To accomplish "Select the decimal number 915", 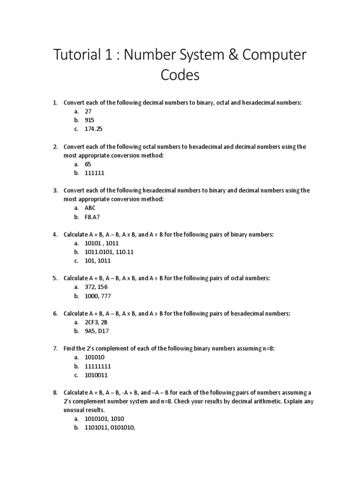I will [90, 120].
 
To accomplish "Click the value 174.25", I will [93, 129].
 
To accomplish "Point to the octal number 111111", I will [94, 173].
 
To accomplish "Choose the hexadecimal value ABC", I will [90, 208].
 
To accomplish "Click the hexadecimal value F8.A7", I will [92, 217].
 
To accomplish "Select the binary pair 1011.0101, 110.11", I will [109, 252].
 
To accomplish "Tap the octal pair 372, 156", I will [96, 287].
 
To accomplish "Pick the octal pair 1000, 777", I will [97, 296].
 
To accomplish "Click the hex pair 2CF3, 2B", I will [97, 322].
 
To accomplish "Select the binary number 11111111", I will [97, 366].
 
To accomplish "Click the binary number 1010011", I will [96, 375].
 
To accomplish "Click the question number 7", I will [55, 348].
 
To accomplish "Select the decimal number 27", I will [88, 112].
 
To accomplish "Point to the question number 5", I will [55, 278].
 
